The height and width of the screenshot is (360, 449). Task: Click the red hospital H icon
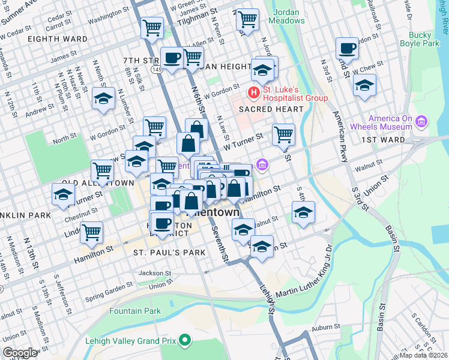[253, 93]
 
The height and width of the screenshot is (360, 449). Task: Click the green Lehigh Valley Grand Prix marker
[185, 341]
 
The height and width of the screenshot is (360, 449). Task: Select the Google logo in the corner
[20, 353]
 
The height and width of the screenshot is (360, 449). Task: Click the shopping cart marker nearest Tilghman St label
[247, 20]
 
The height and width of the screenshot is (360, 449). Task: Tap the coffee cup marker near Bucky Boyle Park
[347, 48]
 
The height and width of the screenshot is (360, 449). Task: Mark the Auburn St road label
[326, 327]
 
